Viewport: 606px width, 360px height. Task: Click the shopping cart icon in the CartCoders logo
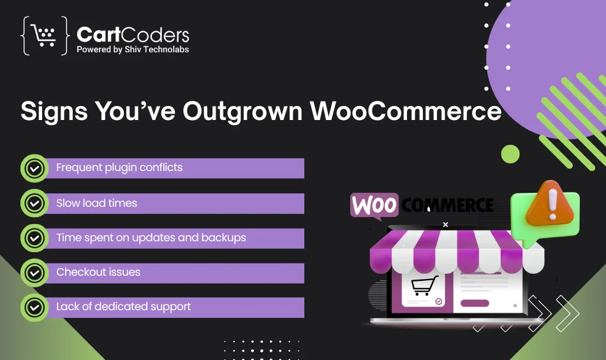pyautogui.click(x=43, y=36)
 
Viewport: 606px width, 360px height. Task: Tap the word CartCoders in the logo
pyautogui.click(x=133, y=35)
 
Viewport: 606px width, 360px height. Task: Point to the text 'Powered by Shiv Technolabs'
pyautogui.click(x=133, y=50)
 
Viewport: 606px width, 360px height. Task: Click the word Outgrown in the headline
pyautogui.click(x=242, y=111)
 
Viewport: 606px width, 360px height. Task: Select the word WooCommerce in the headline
pyautogui.click(x=406, y=111)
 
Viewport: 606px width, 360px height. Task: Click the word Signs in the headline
pyautogui.click(x=54, y=111)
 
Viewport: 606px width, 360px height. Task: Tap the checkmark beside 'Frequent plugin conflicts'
pyautogui.click(x=34, y=169)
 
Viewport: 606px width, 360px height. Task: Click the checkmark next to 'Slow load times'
pyautogui.click(x=34, y=203)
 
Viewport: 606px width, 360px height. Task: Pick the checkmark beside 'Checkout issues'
pyautogui.click(x=34, y=273)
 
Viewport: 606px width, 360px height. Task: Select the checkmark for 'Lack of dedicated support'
pyautogui.click(x=34, y=308)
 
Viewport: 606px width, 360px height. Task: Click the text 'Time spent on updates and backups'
pyautogui.click(x=151, y=238)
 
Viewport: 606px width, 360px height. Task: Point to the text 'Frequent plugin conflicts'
pyautogui.click(x=119, y=168)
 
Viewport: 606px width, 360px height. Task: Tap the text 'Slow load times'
pyautogui.click(x=96, y=203)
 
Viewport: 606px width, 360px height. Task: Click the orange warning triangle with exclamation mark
pyautogui.click(x=551, y=204)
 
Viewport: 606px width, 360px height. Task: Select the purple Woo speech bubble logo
pyautogui.click(x=374, y=206)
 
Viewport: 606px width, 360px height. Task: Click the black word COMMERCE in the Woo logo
pyautogui.click(x=447, y=205)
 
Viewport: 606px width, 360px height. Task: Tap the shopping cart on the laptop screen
pyautogui.click(x=424, y=286)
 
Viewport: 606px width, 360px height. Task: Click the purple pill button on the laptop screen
pyautogui.click(x=475, y=303)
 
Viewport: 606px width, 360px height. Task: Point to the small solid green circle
pyautogui.click(x=510, y=154)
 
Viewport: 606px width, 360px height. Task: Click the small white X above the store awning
pyautogui.click(x=445, y=224)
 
